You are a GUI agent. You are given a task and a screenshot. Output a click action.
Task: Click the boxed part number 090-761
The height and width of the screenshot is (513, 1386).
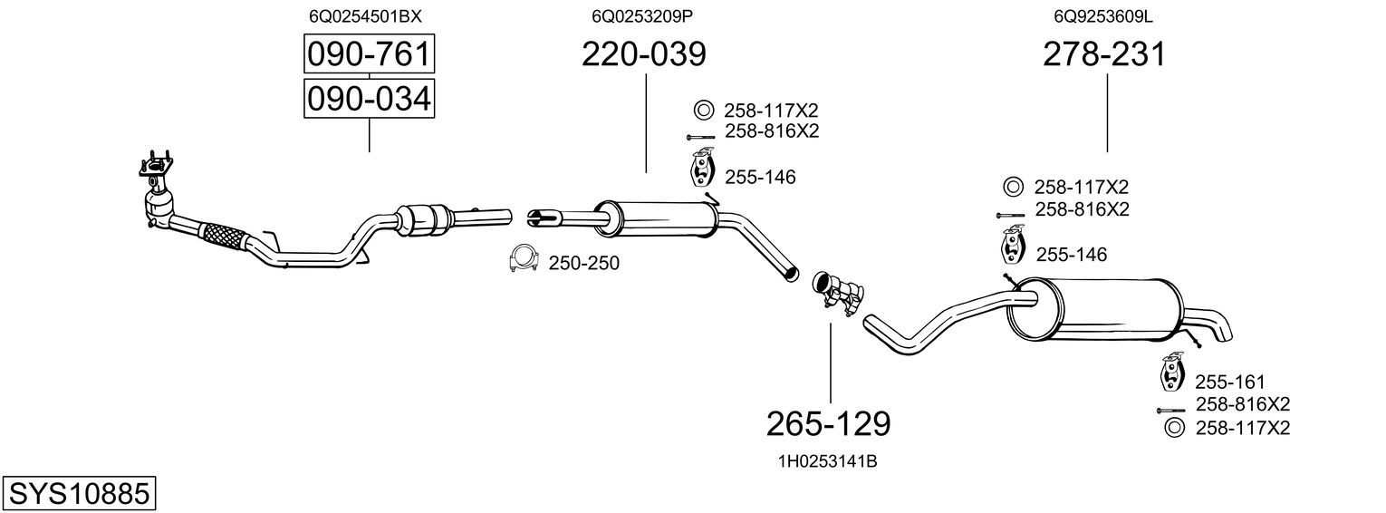369,55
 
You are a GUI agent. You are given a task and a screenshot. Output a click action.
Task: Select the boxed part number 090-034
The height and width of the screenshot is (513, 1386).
369,98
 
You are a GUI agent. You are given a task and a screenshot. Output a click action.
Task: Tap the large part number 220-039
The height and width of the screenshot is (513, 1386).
644,55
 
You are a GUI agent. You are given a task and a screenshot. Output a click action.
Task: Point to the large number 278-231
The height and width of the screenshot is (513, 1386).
1104,55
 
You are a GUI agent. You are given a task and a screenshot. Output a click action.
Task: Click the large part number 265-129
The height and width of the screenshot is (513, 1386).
829,422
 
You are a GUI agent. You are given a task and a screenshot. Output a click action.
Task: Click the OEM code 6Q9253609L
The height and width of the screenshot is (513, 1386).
1103,16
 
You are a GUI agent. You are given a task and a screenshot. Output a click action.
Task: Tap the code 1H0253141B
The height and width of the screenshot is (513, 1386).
827,461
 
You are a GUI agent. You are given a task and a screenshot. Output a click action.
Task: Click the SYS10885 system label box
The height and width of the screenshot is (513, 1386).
78,494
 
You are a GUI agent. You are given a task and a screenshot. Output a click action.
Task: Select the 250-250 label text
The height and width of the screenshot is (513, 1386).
584,263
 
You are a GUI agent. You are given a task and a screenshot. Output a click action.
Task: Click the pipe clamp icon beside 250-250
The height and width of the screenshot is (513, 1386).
519,260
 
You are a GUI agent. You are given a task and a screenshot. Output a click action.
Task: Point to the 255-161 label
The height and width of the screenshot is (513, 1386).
1229,382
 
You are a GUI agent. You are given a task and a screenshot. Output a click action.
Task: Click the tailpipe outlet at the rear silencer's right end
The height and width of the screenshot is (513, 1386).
1217,327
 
